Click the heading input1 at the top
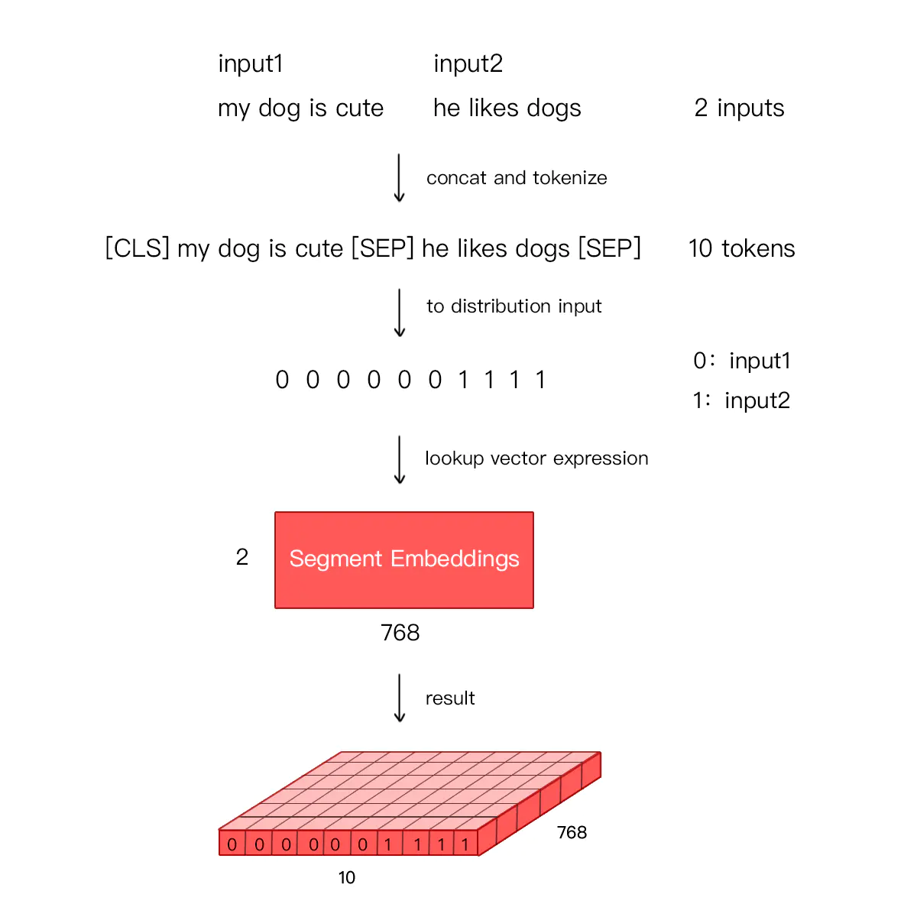[x=251, y=63]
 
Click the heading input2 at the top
[x=468, y=63]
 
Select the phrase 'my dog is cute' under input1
[x=300, y=108]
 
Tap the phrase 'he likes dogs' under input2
[x=507, y=108]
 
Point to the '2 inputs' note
[x=739, y=108]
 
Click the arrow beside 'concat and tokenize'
[x=399, y=177]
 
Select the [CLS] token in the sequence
[x=137, y=248]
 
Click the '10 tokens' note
[x=741, y=248]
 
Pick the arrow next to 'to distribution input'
[x=399, y=313]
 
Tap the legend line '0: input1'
[x=742, y=360]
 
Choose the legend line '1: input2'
[x=741, y=400]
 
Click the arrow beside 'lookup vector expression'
[x=399, y=460]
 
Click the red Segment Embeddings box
[x=403, y=559]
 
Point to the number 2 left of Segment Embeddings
[x=241, y=557]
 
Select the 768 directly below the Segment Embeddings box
[x=400, y=633]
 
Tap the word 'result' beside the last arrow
[x=449, y=698]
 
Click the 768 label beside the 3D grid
[x=572, y=832]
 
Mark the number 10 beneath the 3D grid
[x=346, y=877]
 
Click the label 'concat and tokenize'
[x=517, y=178]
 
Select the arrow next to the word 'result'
[x=399, y=698]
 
